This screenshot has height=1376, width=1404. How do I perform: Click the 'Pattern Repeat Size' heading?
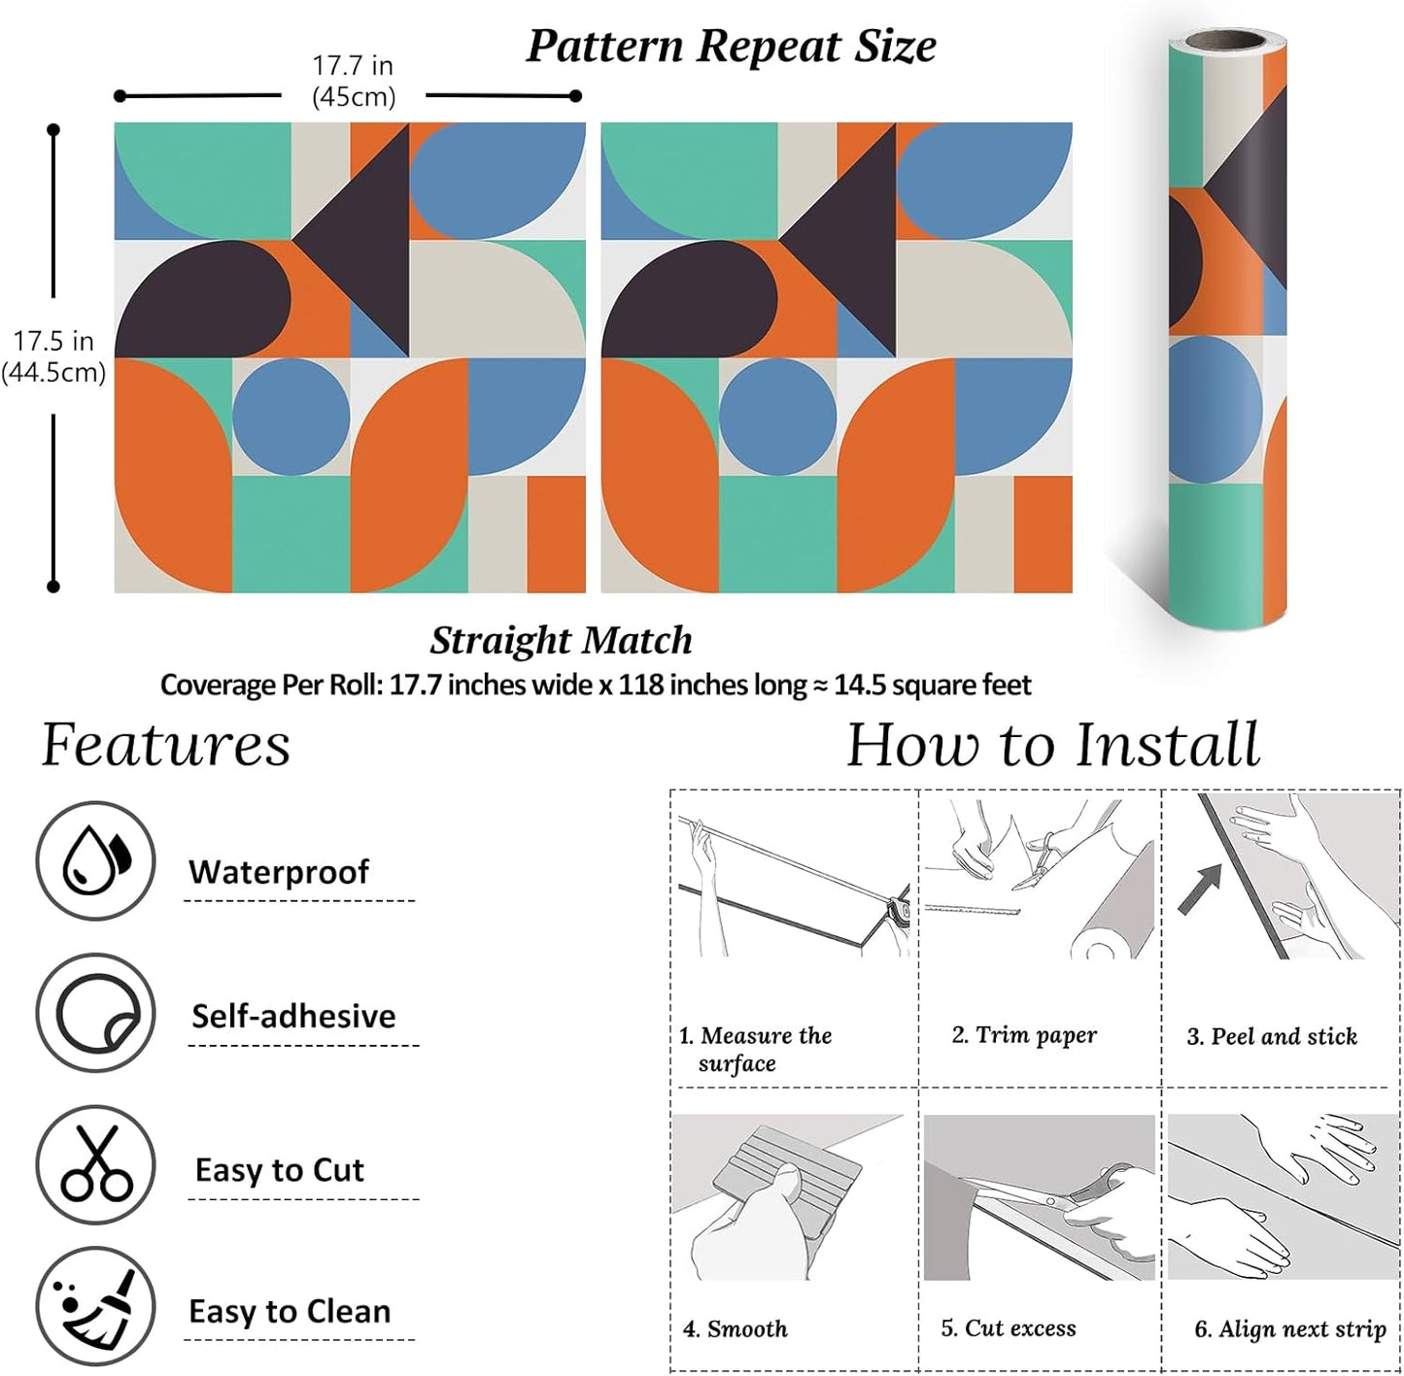pos(731,47)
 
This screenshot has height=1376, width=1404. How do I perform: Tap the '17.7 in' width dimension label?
pos(354,66)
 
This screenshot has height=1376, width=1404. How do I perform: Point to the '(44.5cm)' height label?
pos(53,372)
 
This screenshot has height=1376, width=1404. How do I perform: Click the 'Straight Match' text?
pos(561,640)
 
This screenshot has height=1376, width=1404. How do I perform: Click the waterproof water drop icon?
pos(95,860)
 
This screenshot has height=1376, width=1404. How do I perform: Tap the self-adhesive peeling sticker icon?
pos(95,1013)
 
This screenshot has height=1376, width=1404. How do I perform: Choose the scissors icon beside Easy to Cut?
pos(95,1164)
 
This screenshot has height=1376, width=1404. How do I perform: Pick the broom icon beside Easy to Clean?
pos(95,1306)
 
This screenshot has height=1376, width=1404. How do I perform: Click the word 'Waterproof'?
pos(278,871)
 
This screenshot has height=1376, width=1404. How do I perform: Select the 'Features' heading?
pos(165,745)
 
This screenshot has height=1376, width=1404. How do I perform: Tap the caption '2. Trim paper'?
pos(1024,1035)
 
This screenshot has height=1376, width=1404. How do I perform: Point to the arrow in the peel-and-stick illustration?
pos(1200,889)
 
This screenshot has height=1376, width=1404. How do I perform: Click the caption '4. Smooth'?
pos(736,1328)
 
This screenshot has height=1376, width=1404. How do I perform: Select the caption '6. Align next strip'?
pos(1289,1329)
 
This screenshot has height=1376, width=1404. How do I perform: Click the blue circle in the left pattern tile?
pos(291,417)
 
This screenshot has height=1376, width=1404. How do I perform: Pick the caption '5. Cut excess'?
pos(1009,1327)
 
